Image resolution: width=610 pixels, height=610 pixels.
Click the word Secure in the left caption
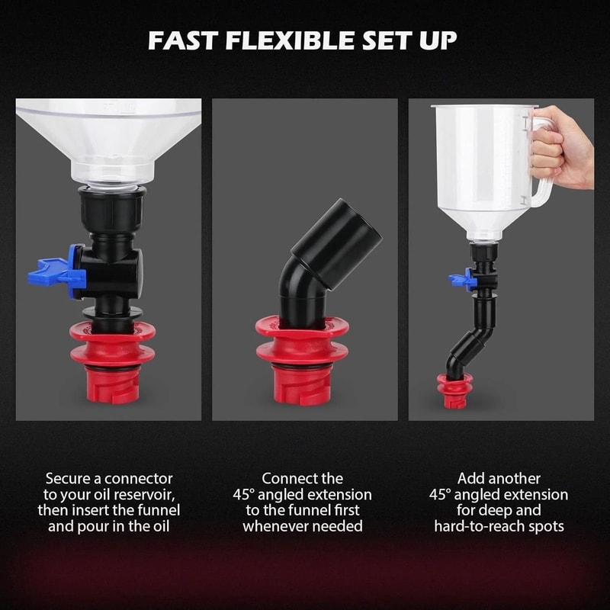click(x=70, y=479)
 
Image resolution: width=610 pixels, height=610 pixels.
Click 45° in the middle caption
click(x=248, y=495)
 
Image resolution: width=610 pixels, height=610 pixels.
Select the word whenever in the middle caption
click(x=275, y=526)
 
